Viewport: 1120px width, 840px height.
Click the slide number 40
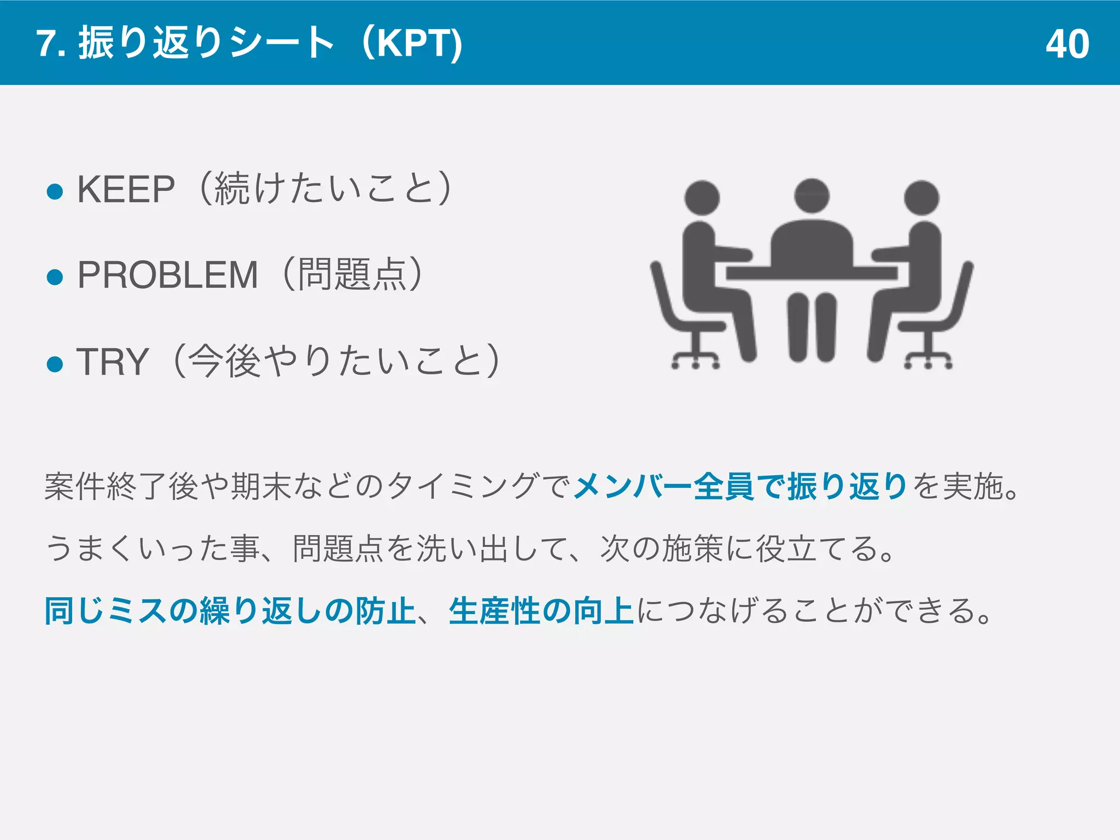click(x=1067, y=44)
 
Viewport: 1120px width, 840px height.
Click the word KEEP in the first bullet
click(x=126, y=190)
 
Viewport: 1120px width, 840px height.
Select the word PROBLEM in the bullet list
click(x=167, y=275)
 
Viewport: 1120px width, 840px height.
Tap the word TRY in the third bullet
click(x=113, y=361)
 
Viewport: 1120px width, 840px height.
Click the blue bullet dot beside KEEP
click(x=55, y=191)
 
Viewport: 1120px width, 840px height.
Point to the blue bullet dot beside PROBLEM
click(x=55, y=277)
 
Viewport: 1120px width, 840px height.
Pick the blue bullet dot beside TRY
click(x=55, y=363)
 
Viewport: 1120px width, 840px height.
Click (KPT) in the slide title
click(x=413, y=44)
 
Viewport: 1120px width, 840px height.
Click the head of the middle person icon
click(x=812, y=195)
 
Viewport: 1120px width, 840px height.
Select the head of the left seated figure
click(x=702, y=197)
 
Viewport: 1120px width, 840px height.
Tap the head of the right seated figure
click(x=921, y=197)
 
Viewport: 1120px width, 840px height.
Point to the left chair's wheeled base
click(x=696, y=358)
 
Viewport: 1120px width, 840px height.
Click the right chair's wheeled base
click(x=928, y=358)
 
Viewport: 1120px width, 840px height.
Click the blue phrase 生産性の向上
click(x=541, y=611)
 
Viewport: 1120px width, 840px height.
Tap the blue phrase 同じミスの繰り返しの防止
click(x=230, y=611)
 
